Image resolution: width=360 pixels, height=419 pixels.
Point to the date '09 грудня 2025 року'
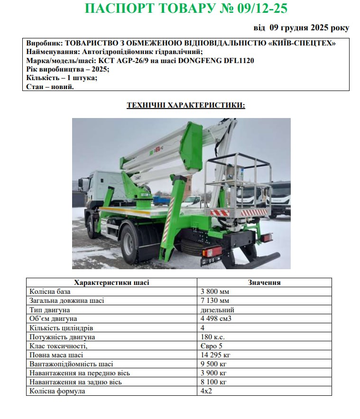309,28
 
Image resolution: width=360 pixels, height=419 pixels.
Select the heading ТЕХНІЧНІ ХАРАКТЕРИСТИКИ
186,105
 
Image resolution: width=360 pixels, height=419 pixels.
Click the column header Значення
264,282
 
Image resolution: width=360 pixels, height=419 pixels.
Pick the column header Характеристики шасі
112,282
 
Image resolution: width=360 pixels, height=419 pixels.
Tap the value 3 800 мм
215,291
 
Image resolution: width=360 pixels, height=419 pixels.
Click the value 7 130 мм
215,301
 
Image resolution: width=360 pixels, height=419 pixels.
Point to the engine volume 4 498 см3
216,319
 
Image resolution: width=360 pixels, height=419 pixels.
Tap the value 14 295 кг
216,355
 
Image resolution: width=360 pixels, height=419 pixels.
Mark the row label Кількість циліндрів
61,328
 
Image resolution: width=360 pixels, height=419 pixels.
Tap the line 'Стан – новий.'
50,86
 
